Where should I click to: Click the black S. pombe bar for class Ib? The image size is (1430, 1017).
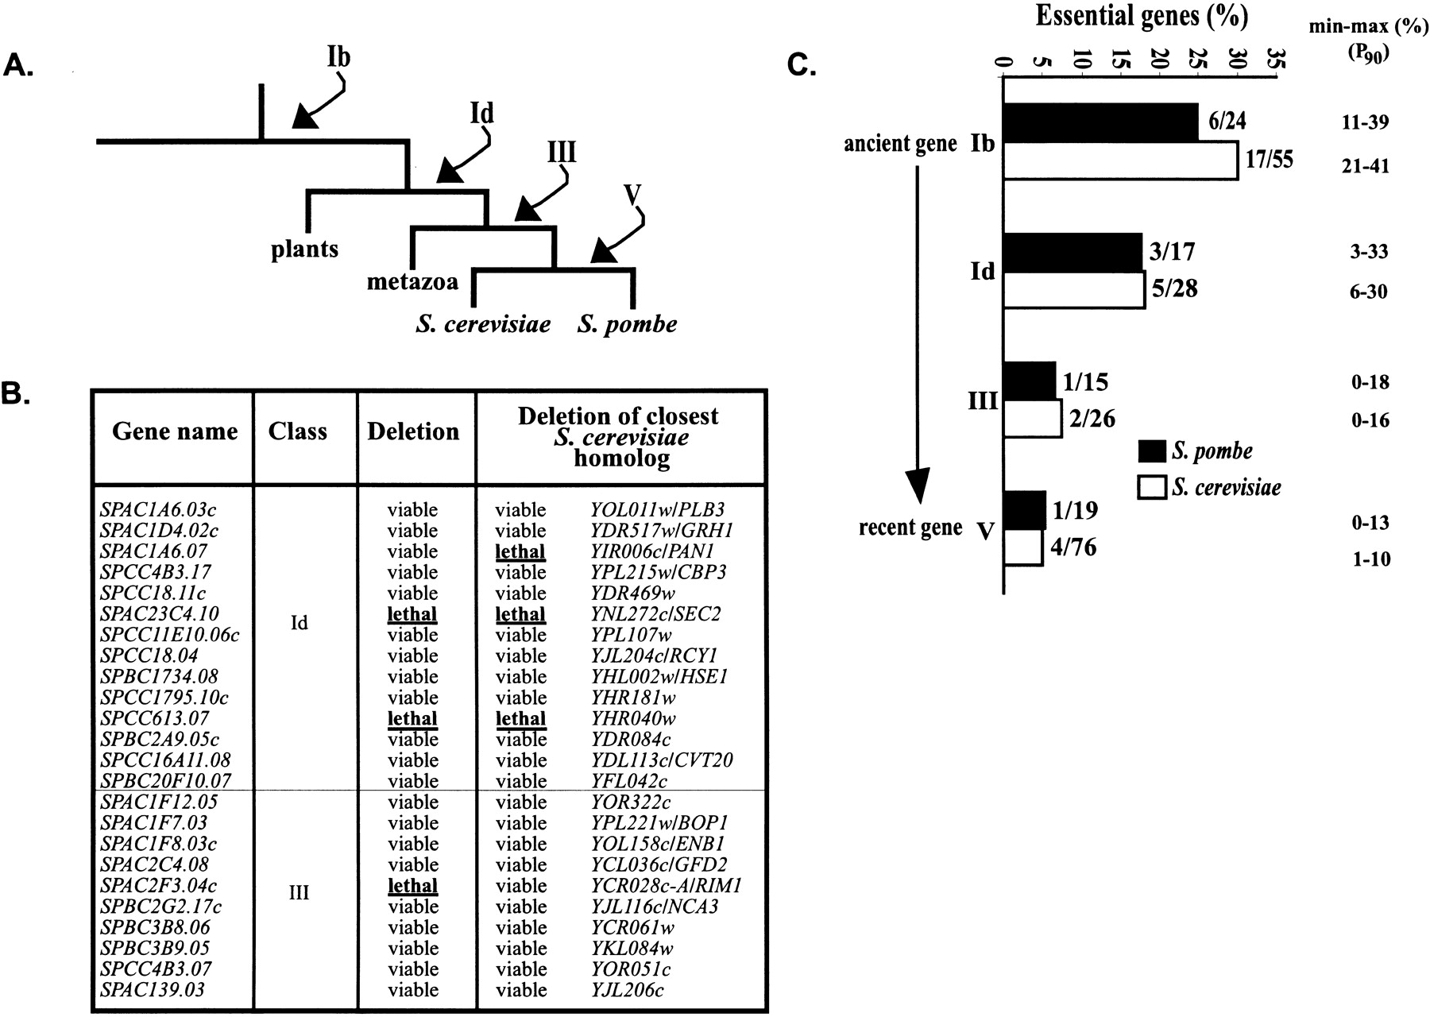coord(1101,122)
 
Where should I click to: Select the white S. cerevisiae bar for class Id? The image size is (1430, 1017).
coord(1075,290)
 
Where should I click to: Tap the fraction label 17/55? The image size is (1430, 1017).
coord(1270,160)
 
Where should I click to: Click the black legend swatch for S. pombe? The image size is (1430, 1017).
coord(1151,451)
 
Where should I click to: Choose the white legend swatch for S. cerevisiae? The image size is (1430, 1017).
coord(1151,486)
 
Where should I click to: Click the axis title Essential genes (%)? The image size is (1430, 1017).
coord(1142,15)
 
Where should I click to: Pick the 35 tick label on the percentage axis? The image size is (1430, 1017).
coord(1275,59)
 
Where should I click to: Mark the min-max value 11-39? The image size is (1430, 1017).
coord(1360,122)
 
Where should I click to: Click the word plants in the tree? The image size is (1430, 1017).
coord(304,249)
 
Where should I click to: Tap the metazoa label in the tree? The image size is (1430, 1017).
coord(412,281)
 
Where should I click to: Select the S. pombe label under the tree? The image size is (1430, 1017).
coord(628,324)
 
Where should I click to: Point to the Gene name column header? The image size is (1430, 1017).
coord(175,431)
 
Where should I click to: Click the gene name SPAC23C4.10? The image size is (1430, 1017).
coord(160,613)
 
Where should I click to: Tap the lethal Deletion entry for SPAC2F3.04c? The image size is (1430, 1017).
coord(412,885)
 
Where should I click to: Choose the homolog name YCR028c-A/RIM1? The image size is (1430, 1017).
coord(661,885)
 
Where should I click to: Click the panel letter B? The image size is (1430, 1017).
coord(16,395)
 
